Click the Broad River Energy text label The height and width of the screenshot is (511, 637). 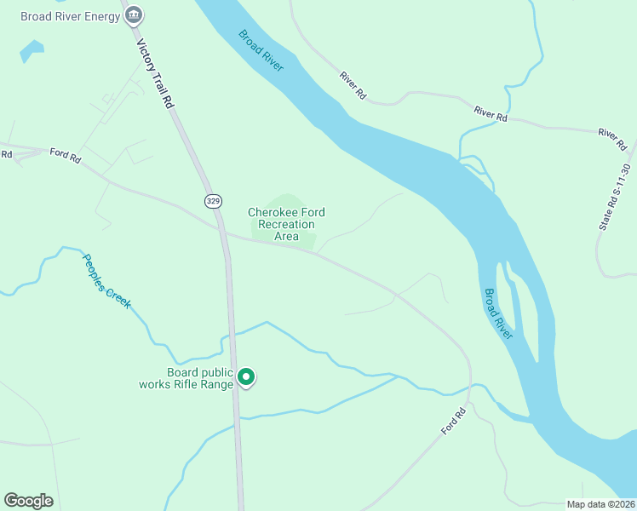pos(71,15)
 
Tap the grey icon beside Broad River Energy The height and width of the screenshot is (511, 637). pos(135,15)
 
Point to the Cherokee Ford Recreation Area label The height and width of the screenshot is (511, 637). pos(286,224)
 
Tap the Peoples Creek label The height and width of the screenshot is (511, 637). pos(106,280)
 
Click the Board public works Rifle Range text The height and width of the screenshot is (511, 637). pos(187,378)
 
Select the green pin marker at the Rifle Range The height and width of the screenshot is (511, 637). pos(246,376)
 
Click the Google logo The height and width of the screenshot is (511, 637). pos(28,501)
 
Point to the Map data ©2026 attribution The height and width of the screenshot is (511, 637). pos(600,503)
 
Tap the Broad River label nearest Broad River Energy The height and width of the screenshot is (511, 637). pos(261,51)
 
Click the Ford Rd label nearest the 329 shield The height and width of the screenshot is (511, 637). pos(65,155)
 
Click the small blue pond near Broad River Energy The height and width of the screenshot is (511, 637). pos(31,52)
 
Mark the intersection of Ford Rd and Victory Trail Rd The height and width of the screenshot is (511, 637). pos(223,233)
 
